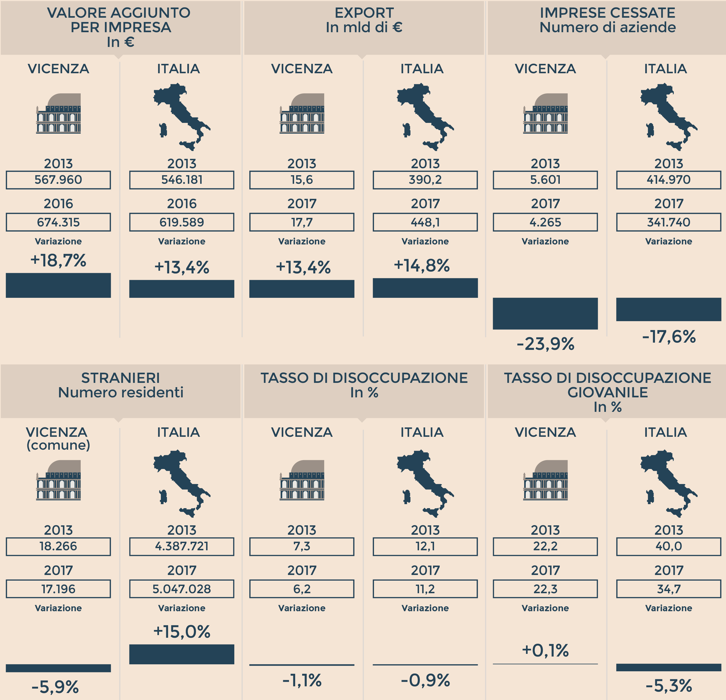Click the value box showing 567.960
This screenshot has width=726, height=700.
point(58,180)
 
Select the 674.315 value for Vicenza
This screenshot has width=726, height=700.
point(58,222)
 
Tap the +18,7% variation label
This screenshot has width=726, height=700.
point(58,260)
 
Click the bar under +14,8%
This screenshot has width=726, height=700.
point(425,288)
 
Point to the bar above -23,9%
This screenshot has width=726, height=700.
point(545,313)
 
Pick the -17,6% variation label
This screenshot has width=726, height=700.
point(669,337)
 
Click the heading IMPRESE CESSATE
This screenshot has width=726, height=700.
point(608,13)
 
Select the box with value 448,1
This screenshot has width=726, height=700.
point(425,222)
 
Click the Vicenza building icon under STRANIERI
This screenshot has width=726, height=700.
point(58,480)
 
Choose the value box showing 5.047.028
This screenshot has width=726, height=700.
point(181,589)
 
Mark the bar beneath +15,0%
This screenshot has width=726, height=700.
point(181,654)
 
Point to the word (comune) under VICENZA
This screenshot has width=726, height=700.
point(58,445)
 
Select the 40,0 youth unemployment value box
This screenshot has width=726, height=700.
point(669,546)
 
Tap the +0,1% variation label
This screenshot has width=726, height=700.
point(545,650)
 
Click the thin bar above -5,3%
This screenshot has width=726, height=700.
point(669,667)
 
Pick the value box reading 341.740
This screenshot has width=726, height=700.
point(669,222)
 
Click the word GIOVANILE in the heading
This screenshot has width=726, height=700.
point(608,392)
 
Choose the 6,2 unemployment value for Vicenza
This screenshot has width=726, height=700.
point(302,589)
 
